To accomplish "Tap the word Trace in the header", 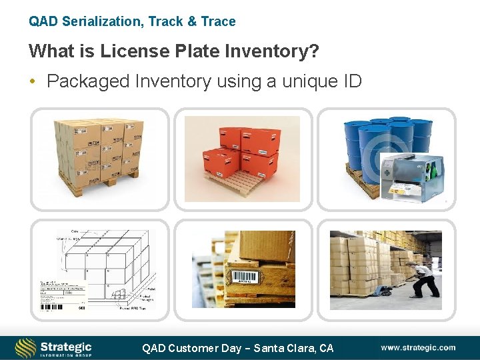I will [218, 21].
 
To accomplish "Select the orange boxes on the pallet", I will [241, 155].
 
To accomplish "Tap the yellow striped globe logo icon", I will [25, 347].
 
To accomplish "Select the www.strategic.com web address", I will [418, 347].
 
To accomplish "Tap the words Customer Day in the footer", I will [204, 348].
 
